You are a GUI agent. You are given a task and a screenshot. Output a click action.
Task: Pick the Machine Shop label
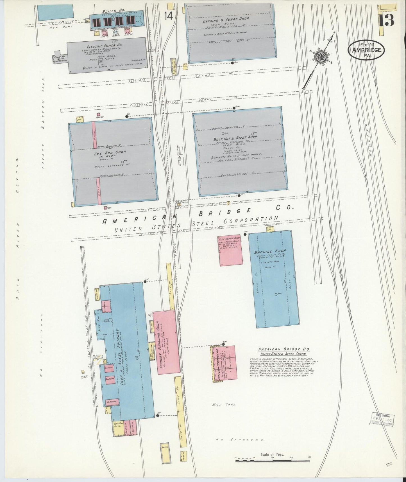coord(270,251)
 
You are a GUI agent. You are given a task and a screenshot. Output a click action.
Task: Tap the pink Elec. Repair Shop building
coord(230,250)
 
